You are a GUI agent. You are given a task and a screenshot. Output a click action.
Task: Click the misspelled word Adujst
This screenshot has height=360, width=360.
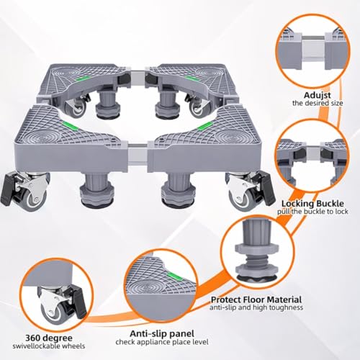pos(318,95)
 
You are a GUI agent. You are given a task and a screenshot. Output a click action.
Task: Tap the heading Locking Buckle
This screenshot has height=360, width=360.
pos(312,204)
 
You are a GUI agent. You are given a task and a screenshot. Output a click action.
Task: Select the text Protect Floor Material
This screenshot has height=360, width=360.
pos(256,300)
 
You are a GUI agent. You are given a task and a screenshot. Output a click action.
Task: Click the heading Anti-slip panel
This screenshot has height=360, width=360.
pos(162,333)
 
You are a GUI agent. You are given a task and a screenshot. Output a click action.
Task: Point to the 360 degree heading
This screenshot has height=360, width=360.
pos(49,338)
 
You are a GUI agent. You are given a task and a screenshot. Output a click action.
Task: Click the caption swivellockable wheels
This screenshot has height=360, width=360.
pos(49,346)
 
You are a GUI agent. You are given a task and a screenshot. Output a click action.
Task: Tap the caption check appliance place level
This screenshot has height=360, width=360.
pos(162,342)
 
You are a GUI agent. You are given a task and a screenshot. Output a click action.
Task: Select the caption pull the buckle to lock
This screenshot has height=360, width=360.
pos(312,212)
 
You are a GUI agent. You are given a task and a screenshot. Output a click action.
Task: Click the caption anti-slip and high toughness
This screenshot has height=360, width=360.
pos(256,307)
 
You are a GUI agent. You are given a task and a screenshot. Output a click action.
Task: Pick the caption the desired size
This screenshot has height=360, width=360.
pos(318,103)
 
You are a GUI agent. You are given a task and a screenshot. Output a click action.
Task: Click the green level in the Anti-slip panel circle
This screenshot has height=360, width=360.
pos(175,277)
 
